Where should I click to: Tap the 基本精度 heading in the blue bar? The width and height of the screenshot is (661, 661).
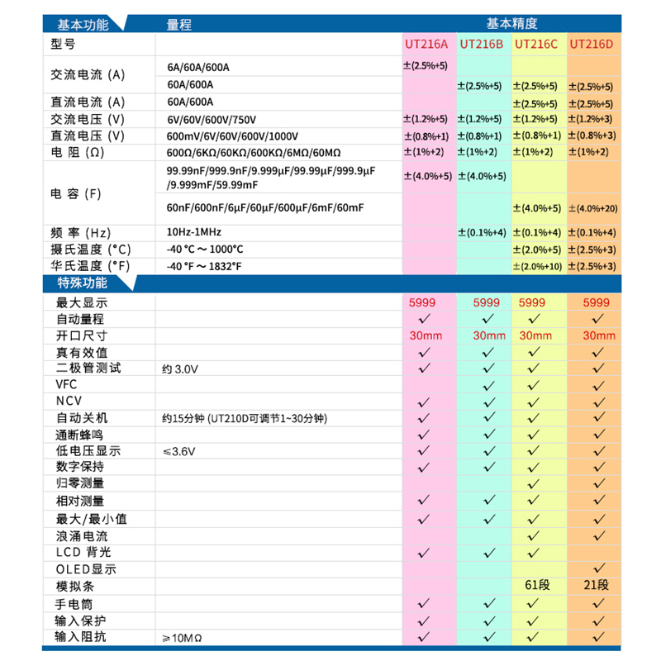pyautogui.click(x=512, y=24)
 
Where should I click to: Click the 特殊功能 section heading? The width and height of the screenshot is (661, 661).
pyautogui.click(x=82, y=283)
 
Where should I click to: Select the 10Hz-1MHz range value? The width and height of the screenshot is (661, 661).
pyautogui.click(x=194, y=232)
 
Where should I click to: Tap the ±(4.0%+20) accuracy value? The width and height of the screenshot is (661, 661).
pyautogui.click(x=592, y=207)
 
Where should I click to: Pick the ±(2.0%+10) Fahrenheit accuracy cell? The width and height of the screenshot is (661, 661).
pyautogui.click(x=537, y=266)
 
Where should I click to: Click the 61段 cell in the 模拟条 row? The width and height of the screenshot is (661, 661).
pyautogui.click(x=537, y=586)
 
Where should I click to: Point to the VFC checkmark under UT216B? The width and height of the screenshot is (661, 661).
pyautogui.click(x=487, y=384)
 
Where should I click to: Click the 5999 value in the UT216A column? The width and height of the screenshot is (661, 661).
pyautogui.click(x=426, y=302)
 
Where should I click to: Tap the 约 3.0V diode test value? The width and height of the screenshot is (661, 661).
pyautogui.click(x=181, y=369)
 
